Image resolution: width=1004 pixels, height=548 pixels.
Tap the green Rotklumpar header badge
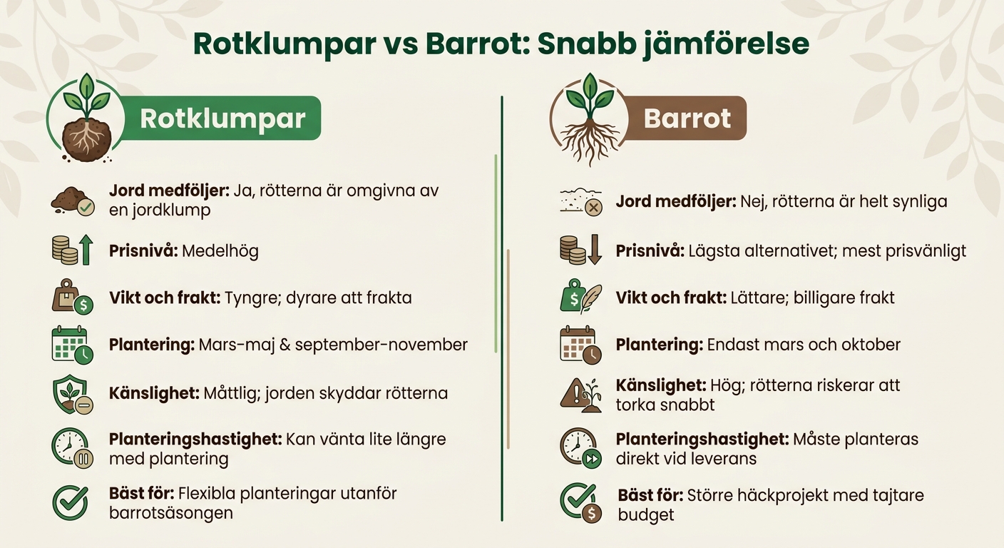(222, 118)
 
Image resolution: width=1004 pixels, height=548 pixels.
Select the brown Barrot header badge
(687, 118)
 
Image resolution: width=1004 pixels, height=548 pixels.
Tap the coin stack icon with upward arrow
(73, 250)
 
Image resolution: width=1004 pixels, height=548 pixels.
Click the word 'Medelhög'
(220, 251)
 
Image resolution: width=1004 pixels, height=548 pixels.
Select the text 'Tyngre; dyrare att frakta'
(318, 298)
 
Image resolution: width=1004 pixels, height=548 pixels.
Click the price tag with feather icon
(580, 298)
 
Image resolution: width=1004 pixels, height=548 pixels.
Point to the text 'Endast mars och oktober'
(804, 345)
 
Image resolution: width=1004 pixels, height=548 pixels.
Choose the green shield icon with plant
(72, 393)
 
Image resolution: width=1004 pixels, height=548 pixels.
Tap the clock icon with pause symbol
(72, 448)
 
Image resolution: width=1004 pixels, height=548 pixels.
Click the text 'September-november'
(381, 345)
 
